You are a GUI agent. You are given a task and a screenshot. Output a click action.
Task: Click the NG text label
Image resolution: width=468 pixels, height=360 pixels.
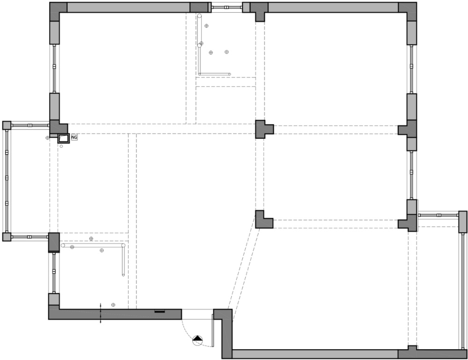click(74, 137)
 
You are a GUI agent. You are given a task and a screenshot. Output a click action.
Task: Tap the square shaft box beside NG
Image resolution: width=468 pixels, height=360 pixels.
click(63, 138)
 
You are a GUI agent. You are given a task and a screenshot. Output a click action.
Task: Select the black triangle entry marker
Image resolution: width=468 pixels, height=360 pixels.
click(197, 338)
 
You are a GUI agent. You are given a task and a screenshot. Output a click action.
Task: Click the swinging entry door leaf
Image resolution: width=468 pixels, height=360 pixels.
click(213, 330)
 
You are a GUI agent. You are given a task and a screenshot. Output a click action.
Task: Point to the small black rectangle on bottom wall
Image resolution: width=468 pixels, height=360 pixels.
click(160, 312)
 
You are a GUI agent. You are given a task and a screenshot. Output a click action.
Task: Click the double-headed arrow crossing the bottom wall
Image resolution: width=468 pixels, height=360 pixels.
click(100, 313)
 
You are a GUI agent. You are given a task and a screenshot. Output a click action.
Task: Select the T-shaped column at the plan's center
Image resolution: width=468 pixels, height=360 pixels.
click(264, 129)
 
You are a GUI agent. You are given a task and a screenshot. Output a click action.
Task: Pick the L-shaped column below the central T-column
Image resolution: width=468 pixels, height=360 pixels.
click(264, 220)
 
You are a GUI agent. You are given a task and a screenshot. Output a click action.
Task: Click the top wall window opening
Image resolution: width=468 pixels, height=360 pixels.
click(227, 7)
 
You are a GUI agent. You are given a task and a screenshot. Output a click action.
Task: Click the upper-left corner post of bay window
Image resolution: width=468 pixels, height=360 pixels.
click(7, 125)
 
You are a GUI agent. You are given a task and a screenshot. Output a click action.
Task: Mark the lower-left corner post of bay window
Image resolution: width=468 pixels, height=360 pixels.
click(7, 237)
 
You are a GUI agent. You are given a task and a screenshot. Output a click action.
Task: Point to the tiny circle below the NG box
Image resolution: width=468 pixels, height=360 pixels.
click(61, 146)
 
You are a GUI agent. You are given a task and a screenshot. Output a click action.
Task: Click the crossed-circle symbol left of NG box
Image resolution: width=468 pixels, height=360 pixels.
click(47, 137)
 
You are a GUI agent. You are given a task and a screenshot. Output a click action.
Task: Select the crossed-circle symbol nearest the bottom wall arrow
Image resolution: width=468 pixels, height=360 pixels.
click(113, 305)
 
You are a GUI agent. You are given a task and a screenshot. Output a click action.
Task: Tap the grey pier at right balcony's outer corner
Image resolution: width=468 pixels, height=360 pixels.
click(463, 222)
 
